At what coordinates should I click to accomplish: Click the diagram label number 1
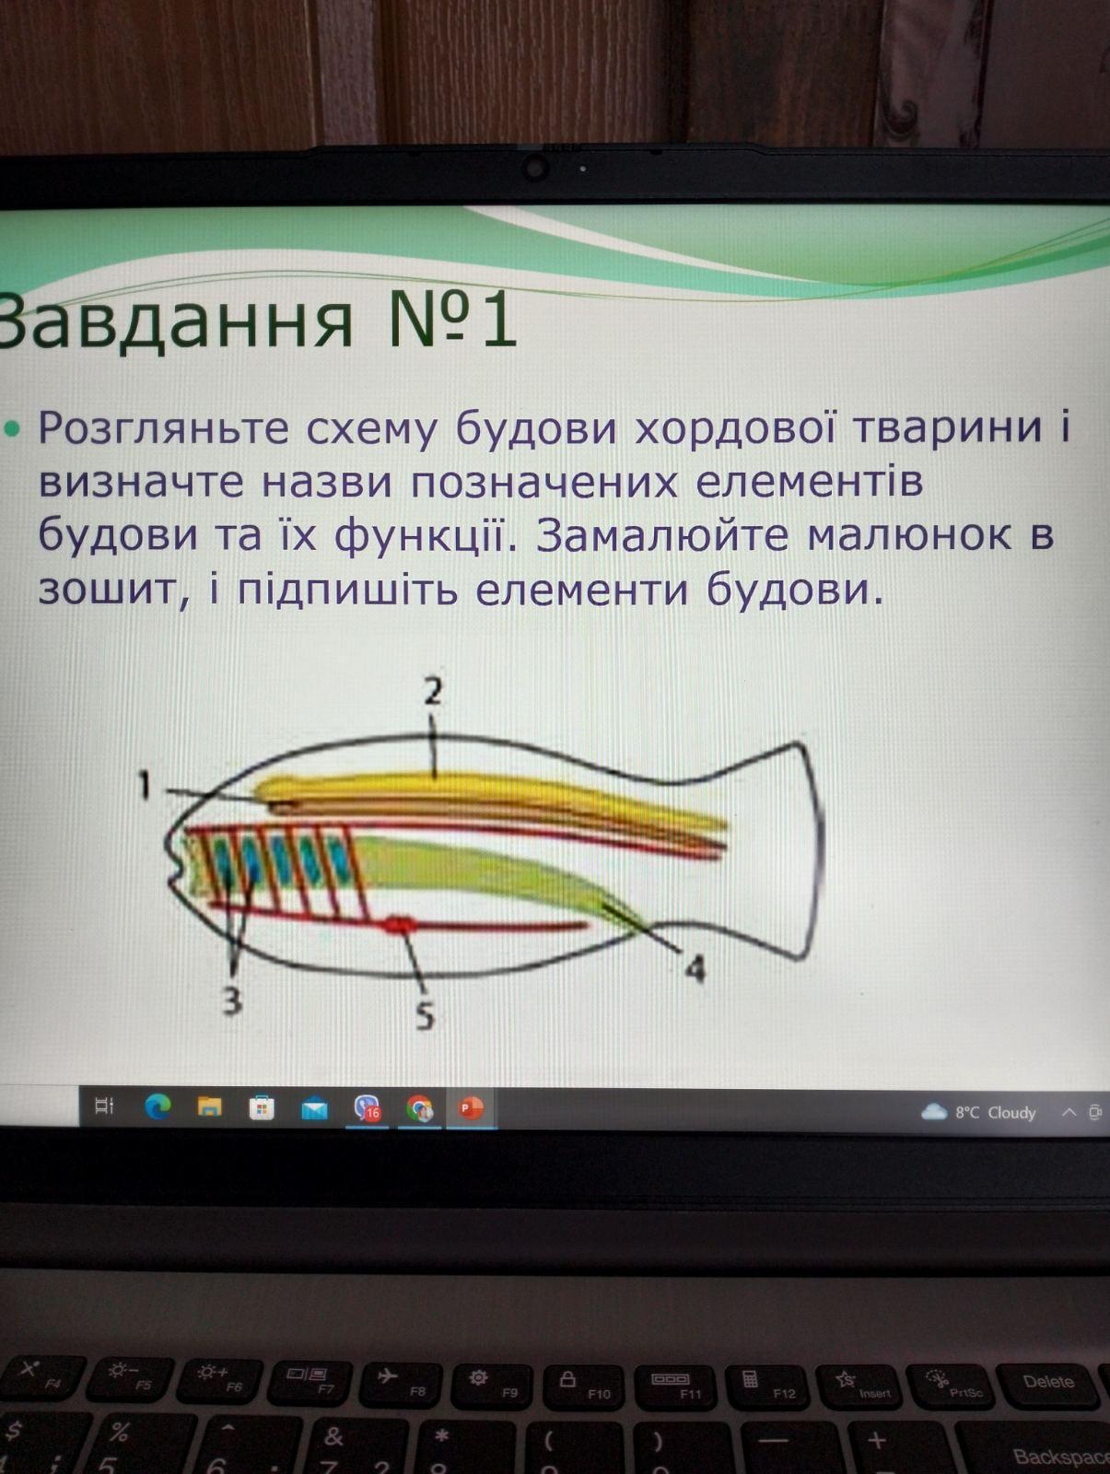[x=144, y=785]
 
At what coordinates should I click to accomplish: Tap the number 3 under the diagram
[x=231, y=1001]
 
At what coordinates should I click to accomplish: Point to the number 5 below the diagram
[x=425, y=1015]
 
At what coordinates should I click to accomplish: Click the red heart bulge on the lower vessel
[x=398, y=925]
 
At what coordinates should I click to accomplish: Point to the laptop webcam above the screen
[x=535, y=167]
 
